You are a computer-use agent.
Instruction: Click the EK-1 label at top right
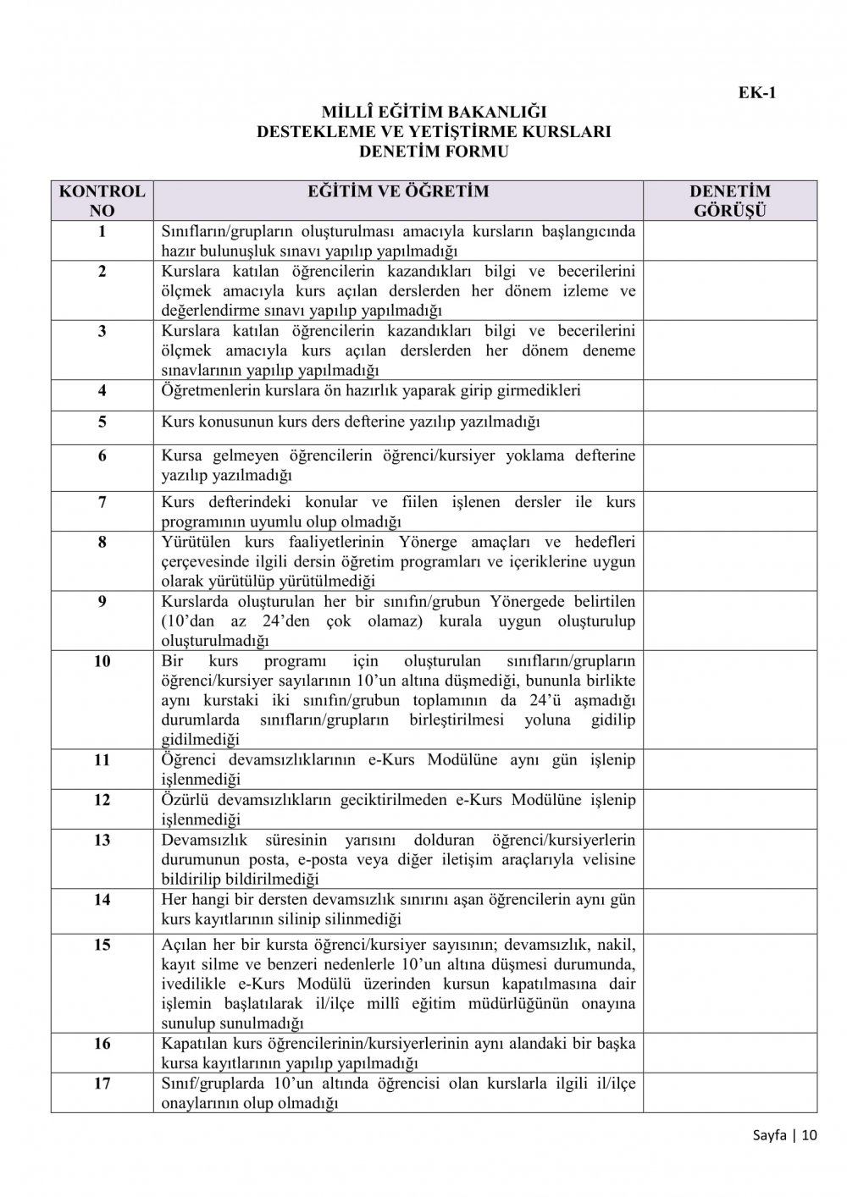coord(757,93)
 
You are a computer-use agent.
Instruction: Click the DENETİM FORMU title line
coord(434,152)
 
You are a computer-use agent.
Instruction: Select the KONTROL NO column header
coord(102,201)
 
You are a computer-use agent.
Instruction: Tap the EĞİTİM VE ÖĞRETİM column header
coord(398,191)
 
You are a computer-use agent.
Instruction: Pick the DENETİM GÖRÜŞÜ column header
coord(730,201)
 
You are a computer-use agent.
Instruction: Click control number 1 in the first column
coord(102,231)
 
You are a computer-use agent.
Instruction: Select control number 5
coord(102,421)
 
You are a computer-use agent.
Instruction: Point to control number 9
coord(102,602)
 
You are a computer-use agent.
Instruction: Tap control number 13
coord(102,840)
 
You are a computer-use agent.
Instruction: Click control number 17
coord(102,1084)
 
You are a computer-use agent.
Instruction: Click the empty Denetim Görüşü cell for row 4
coord(730,395)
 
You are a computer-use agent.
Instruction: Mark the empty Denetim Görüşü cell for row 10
coord(730,699)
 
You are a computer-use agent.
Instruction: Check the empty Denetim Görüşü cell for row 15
coord(730,983)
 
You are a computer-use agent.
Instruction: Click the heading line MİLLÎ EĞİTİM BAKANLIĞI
coord(434,112)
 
